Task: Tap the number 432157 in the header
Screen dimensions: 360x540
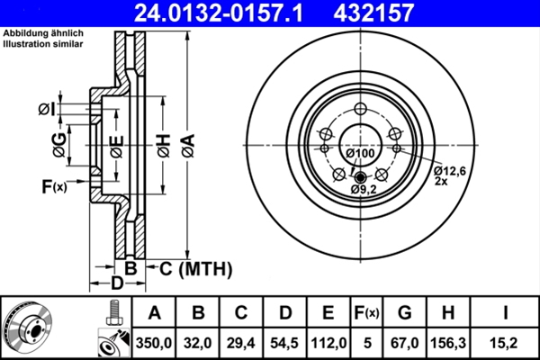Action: [400, 13]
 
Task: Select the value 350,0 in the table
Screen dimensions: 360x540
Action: [154, 342]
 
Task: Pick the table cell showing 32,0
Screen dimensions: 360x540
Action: [200, 342]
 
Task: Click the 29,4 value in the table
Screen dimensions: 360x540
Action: [242, 342]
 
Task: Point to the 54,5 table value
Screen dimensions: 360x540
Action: [285, 342]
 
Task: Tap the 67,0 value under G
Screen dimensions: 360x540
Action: [404, 342]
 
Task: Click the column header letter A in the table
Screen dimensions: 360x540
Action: [154, 313]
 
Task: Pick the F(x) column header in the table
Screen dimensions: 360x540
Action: [366, 313]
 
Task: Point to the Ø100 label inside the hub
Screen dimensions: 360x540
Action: [359, 154]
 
